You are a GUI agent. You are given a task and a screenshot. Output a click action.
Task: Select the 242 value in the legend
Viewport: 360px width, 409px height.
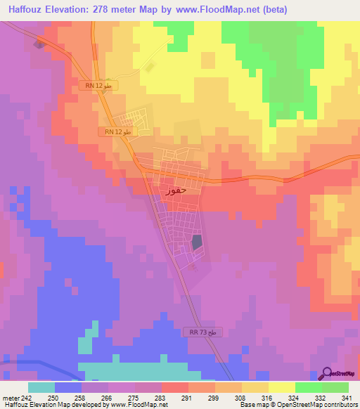click(23, 397)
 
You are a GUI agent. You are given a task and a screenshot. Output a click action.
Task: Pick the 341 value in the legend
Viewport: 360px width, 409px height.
click(348, 397)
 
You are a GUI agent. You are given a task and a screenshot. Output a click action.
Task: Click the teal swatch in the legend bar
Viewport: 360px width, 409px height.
click(41, 387)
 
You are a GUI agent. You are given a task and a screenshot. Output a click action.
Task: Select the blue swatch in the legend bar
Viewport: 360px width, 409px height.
click(68, 387)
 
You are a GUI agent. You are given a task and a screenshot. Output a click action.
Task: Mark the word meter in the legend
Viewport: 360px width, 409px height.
click(9, 397)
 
